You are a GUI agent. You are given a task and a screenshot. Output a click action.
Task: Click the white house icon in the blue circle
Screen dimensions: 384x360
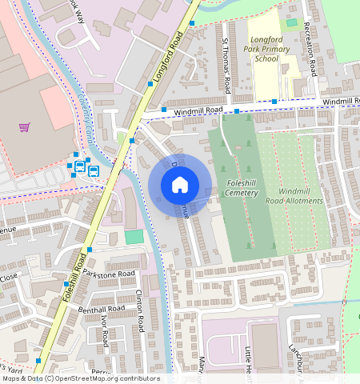(x=179, y=185)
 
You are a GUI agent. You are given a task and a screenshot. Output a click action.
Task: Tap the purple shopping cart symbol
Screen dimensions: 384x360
(x=25, y=126)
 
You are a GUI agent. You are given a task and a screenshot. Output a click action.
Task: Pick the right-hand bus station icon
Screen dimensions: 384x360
(x=94, y=170)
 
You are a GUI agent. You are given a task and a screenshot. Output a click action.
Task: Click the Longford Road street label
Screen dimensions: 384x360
(x=166, y=61)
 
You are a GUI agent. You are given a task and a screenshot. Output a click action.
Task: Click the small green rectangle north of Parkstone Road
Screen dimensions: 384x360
(x=134, y=238)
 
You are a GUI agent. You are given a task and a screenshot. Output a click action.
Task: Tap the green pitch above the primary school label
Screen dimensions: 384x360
(x=291, y=22)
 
